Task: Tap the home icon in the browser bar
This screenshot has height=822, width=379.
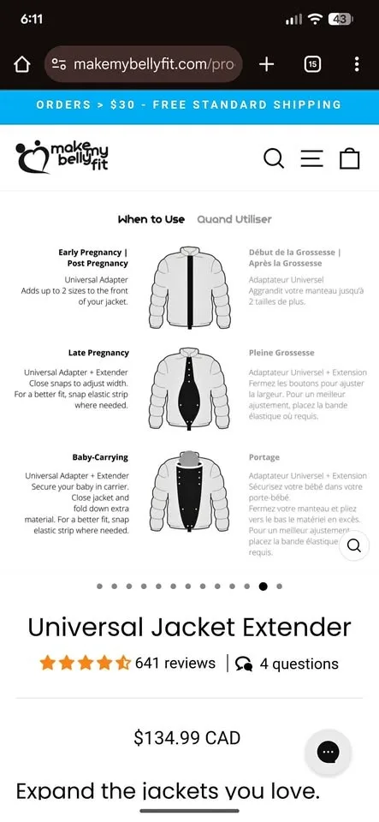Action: [22, 64]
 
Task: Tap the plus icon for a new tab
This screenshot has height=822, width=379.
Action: [266, 64]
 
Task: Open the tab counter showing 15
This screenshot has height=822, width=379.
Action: [313, 64]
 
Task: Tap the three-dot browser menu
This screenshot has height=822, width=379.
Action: [357, 64]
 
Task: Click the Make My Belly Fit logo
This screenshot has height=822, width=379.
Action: [62, 157]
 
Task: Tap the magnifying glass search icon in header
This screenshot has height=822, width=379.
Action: [274, 158]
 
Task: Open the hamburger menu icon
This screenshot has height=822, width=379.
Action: [311, 158]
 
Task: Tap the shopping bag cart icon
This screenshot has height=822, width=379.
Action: [349, 158]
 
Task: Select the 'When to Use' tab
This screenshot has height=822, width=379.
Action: [151, 219]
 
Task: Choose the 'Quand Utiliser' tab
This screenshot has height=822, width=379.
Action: [234, 219]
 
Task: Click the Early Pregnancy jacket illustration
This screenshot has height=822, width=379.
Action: [189, 287]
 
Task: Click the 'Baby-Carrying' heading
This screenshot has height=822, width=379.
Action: [101, 457]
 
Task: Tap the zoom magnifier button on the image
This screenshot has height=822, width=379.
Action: [354, 545]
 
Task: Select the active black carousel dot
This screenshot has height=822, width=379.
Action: [263, 587]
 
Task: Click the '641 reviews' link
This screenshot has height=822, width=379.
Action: [175, 664]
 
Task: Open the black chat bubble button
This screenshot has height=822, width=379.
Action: [328, 753]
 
